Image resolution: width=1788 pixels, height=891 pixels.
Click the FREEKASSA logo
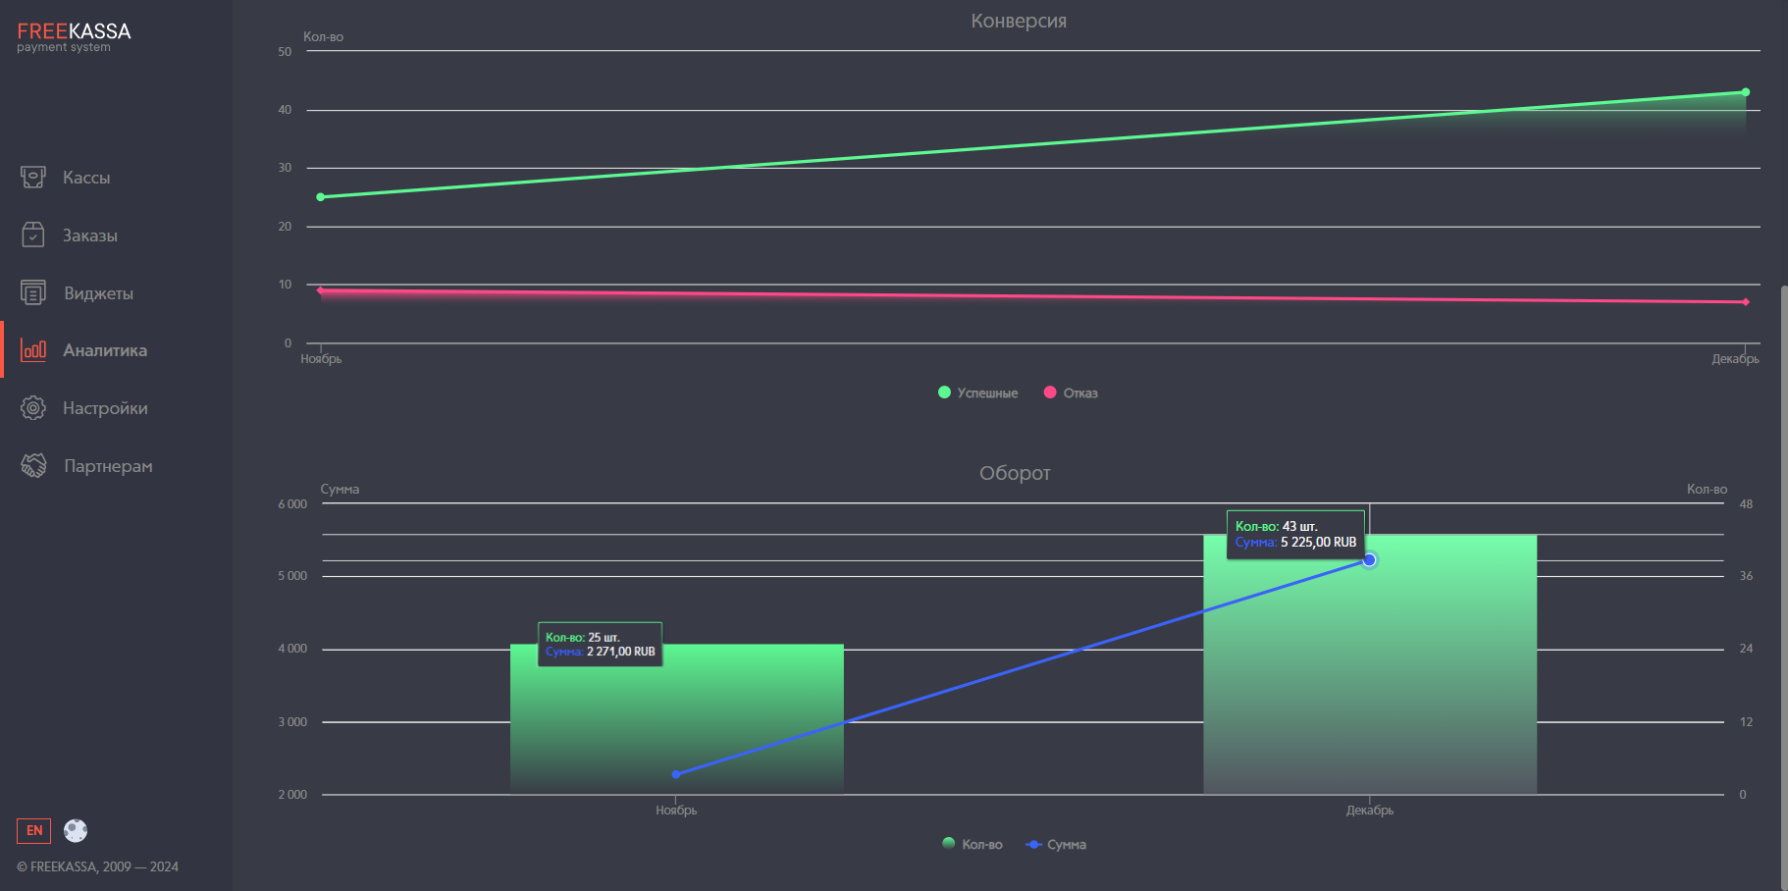[x=74, y=36]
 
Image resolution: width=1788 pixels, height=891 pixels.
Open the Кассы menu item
[x=86, y=178]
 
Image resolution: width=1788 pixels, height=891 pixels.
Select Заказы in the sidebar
[x=89, y=236]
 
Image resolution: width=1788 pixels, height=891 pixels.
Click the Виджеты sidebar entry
[x=98, y=293]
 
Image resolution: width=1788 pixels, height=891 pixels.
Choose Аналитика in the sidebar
[x=104, y=350]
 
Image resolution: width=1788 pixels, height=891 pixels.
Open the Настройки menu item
[x=105, y=408]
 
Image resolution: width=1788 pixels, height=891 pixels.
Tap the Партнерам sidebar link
[x=108, y=466]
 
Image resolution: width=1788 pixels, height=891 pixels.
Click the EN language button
[x=34, y=831]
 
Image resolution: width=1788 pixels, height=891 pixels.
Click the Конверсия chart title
[x=1019, y=21]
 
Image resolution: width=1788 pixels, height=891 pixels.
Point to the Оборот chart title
[x=1015, y=473]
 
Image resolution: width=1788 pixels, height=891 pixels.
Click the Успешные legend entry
[x=978, y=393]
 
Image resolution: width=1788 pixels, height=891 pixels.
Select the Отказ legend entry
[x=1071, y=393]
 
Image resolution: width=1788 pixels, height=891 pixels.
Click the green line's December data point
[x=1745, y=92]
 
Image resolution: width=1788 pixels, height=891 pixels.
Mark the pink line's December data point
[x=1745, y=302]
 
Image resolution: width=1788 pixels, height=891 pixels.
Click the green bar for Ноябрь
[x=676, y=726]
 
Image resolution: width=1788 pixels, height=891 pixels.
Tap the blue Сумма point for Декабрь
[x=1369, y=560]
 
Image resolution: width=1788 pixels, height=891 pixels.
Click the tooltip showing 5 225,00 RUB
[x=1295, y=535]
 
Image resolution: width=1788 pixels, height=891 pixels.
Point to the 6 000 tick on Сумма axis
[x=292, y=504]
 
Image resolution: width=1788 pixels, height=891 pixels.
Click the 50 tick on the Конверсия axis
[x=285, y=52]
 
